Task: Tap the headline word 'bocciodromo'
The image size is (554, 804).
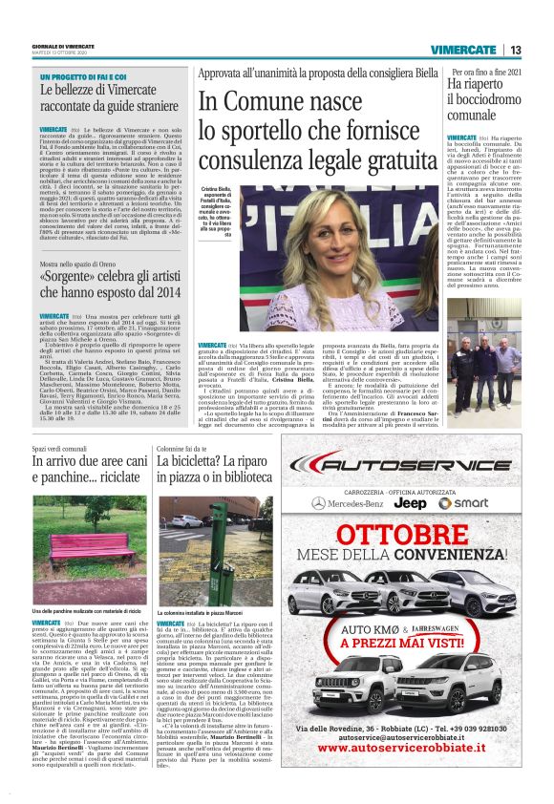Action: click(x=484, y=99)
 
